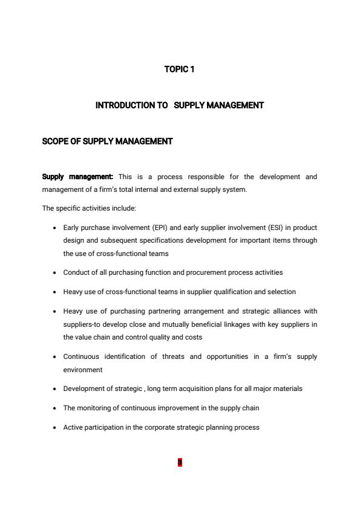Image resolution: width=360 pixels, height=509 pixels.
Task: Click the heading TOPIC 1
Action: (x=179, y=70)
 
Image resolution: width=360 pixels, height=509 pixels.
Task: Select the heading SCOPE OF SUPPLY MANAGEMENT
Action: (x=107, y=142)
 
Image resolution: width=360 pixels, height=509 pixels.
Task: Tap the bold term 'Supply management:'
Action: (x=77, y=177)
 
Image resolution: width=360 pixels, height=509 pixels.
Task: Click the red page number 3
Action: (x=180, y=463)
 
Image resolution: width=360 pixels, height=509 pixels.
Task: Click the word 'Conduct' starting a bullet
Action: (x=76, y=272)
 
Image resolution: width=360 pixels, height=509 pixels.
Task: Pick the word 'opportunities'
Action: (x=227, y=356)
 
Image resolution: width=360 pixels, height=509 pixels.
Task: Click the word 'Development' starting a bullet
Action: (x=83, y=389)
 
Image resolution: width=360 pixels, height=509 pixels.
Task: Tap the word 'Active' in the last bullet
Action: (x=73, y=427)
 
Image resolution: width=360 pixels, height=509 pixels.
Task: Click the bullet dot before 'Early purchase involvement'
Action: (x=55, y=228)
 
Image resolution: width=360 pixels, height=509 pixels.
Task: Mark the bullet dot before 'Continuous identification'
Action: (x=55, y=357)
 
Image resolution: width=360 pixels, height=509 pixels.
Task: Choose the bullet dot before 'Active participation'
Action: (x=55, y=428)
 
